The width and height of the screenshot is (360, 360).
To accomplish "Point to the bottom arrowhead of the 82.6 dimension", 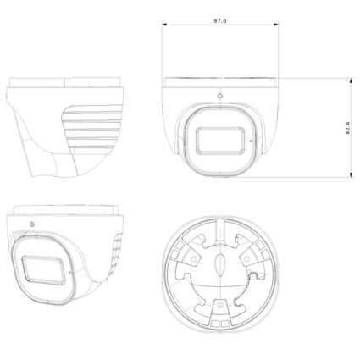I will [x=351, y=174].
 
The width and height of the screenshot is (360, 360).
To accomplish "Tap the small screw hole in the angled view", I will [x=32, y=224].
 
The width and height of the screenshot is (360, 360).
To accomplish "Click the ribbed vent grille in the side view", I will [x=95, y=136].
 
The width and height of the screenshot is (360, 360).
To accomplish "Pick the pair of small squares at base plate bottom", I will [x=219, y=322].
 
